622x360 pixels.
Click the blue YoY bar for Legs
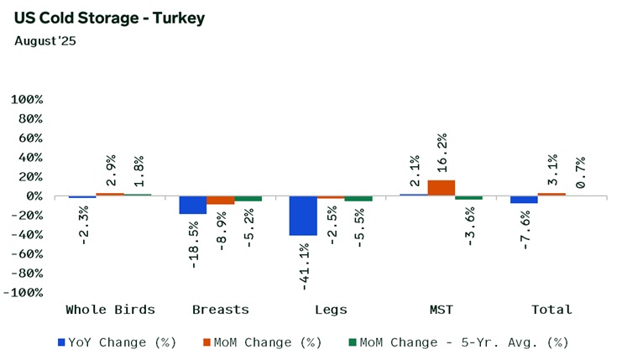click(303, 216)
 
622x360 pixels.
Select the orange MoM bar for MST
click(441, 188)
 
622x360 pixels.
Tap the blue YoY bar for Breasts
click(192, 205)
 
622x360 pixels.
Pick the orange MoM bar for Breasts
click(220, 200)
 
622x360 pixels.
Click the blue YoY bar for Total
click(524, 200)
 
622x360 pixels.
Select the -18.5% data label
click(193, 243)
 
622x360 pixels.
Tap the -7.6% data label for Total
click(524, 227)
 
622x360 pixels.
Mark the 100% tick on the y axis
click(25, 99)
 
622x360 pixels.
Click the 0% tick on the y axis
click(33, 196)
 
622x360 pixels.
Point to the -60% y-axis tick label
click(25, 254)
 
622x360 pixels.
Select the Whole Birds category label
click(111, 310)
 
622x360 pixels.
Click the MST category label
click(441, 310)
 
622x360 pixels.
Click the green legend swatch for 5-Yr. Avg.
click(353, 342)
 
